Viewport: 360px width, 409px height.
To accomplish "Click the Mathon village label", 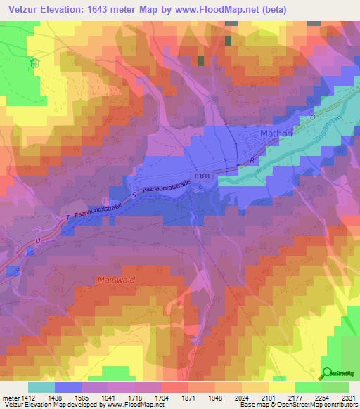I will (266, 133).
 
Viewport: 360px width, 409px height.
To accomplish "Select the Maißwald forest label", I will (112, 280).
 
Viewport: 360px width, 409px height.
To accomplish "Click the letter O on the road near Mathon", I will (314, 118).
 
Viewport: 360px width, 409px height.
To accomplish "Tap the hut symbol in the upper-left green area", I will (32, 63).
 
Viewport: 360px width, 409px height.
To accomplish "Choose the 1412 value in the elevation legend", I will (27, 398).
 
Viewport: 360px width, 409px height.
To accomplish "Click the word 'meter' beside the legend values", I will (9, 398).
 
